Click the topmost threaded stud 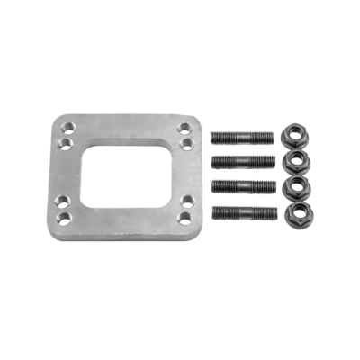click(x=242, y=139)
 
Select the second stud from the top click(x=242, y=162)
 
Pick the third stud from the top click(x=242, y=186)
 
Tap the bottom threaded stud click(x=242, y=213)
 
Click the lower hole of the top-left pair click(x=66, y=143)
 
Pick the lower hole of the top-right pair click(x=185, y=142)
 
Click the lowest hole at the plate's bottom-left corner click(x=61, y=219)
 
